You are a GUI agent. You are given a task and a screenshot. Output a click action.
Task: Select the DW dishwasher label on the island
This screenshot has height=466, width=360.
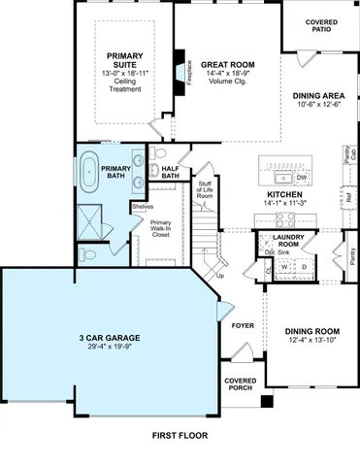pyautogui.click(x=301, y=178)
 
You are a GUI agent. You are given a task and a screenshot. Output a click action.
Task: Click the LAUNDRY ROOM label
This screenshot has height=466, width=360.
pyautogui.click(x=290, y=240)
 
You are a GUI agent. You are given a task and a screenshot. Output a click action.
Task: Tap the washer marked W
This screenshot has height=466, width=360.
pyautogui.click(x=284, y=266)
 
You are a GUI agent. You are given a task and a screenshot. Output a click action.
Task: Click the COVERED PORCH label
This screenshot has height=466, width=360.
pyautogui.click(x=241, y=384)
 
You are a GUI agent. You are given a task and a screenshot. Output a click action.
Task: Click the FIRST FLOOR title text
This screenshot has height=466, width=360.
pyautogui.click(x=180, y=436)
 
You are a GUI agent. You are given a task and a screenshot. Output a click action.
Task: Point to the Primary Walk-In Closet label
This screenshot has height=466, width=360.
pyautogui.click(x=161, y=228)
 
